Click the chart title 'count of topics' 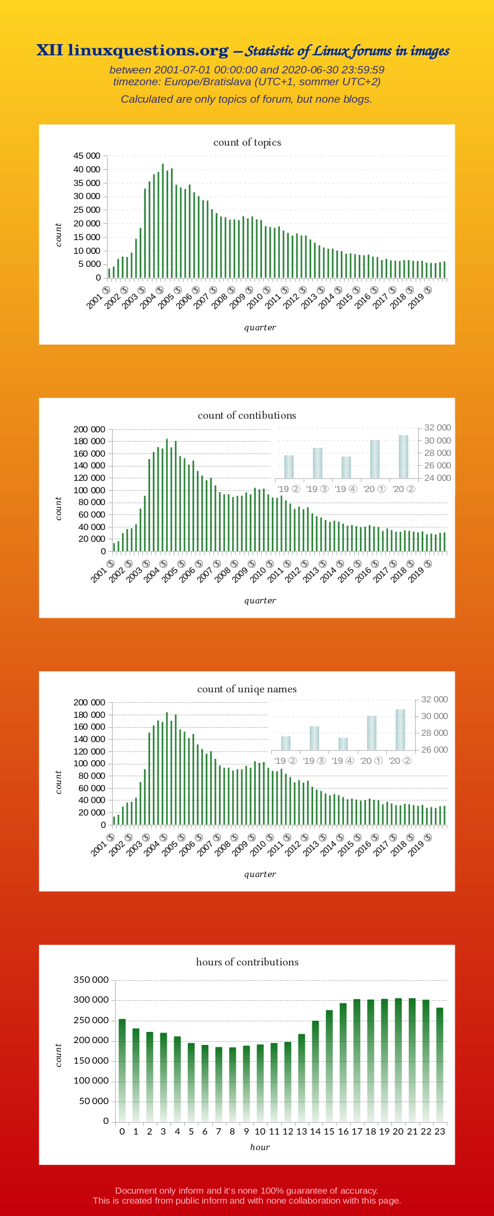247,142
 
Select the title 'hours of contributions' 247,962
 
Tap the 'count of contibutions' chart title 247,415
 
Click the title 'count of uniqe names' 247,689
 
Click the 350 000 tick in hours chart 91,980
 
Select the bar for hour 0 122,1070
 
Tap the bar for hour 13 302,1077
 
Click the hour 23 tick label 439,1131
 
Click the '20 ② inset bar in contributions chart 403,457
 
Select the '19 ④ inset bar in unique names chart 343,743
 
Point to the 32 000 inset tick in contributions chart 437,428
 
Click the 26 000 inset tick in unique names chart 435,750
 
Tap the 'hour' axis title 260,1148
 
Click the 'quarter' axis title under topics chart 260,328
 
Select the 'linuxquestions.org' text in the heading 148,50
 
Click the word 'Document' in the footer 135,1190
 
